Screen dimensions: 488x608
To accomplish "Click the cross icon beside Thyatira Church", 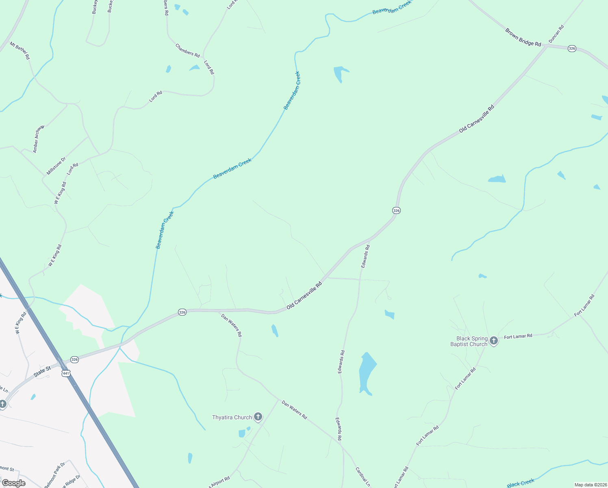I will pyautogui.click(x=258, y=417).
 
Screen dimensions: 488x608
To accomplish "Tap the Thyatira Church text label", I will pyautogui.click(x=232, y=418).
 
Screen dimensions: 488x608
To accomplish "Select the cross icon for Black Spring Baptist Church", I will pyautogui.click(x=494, y=341).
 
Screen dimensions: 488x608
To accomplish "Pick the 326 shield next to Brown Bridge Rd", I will pyautogui.click(x=572, y=48).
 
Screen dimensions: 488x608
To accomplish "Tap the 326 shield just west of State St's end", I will pyautogui.click(x=74, y=359).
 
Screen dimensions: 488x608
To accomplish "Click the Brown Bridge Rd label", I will pyautogui.click(x=523, y=37).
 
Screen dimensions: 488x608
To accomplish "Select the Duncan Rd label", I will pyautogui.click(x=556, y=34).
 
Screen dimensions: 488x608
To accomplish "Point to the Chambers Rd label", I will pyautogui.click(x=187, y=50).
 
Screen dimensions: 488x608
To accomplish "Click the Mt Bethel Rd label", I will pyautogui.click(x=20, y=51).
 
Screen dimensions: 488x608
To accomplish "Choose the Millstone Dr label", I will pyautogui.click(x=56, y=166).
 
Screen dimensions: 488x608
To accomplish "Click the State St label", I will pyautogui.click(x=42, y=371).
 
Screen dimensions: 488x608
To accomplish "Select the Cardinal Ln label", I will pyautogui.click(x=363, y=477).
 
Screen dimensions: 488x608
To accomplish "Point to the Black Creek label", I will pyautogui.click(x=521, y=483).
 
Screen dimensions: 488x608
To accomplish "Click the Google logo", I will pyautogui.click(x=13, y=483).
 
